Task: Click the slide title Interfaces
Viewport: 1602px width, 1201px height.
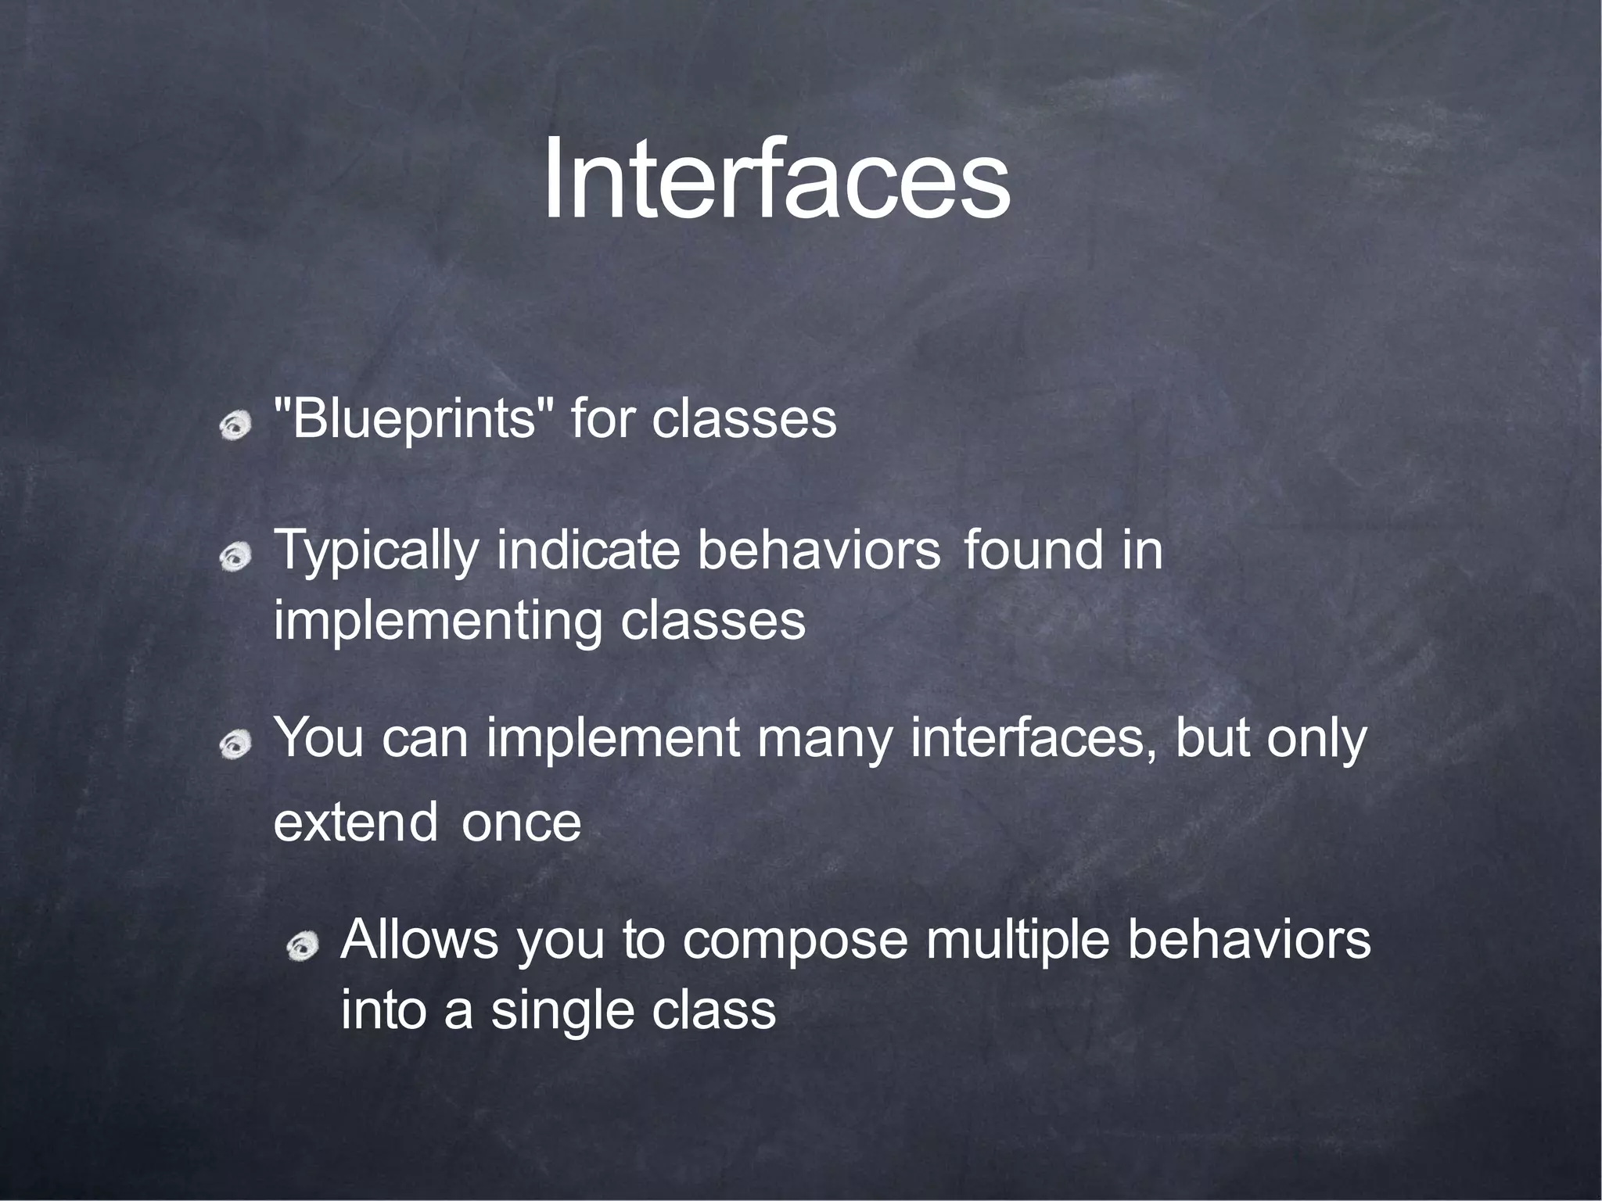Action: coord(776,180)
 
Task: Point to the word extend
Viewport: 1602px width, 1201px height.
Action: coord(355,822)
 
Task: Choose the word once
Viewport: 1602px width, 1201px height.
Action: coord(521,823)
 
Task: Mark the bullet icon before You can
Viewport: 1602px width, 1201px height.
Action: coord(235,745)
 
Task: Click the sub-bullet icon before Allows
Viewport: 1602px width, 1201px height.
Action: coord(302,948)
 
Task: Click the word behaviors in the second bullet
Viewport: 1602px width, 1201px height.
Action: coord(818,550)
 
